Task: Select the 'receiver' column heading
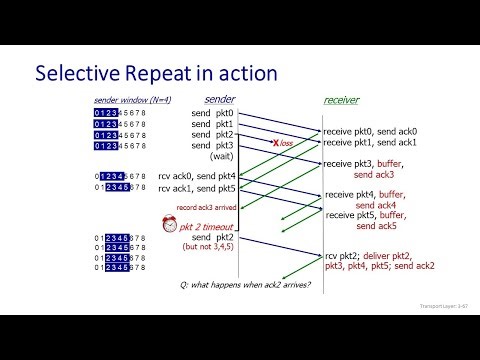click(x=341, y=100)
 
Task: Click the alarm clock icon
click(x=169, y=224)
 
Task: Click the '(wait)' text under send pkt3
click(x=221, y=157)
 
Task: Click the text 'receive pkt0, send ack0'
click(x=370, y=132)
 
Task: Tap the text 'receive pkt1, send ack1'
click(x=370, y=144)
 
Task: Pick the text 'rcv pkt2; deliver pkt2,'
click(x=369, y=255)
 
